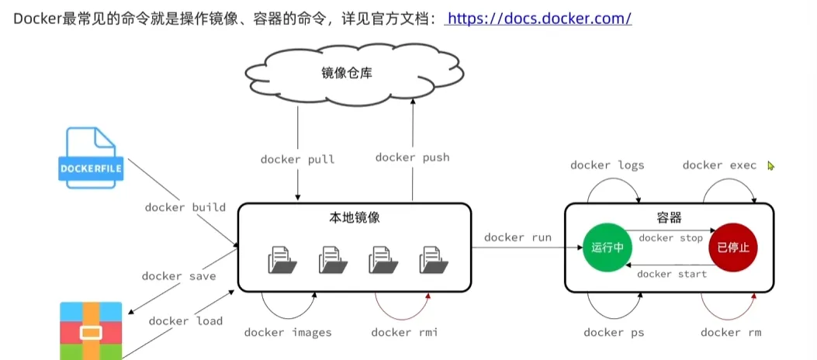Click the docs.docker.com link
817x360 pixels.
[x=539, y=17]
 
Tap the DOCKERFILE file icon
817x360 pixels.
[x=90, y=160]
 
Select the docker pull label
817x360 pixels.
[x=298, y=159]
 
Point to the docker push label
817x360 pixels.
[x=412, y=157]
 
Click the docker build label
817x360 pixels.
[x=185, y=207]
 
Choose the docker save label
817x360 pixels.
[x=178, y=275]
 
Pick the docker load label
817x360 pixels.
[x=185, y=320]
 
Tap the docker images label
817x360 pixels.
[x=288, y=332]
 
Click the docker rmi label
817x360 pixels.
[x=404, y=332]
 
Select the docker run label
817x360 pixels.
[x=518, y=237]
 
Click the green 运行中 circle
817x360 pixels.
[x=608, y=247]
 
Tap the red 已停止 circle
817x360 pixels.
[x=732, y=247]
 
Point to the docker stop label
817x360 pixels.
[x=670, y=238]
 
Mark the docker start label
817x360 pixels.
[x=672, y=273]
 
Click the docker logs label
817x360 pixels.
[x=607, y=165]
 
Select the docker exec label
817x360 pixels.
[x=718, y=165]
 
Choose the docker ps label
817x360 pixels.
[x=614, y=332]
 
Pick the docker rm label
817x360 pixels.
[x=731, y=332]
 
